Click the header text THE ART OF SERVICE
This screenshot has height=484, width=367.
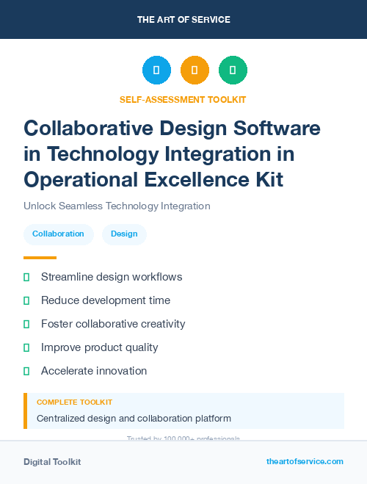point(183,20)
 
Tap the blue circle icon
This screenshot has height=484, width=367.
point(156,71)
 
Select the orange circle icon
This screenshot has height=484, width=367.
point(195,71)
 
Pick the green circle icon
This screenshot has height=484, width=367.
point(233,71)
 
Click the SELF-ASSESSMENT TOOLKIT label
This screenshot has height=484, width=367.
point(183,100)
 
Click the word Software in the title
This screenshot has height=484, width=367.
point(277,128)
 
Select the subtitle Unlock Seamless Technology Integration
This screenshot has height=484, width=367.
point(117,206)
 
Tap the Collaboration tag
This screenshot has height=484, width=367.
point(58,234)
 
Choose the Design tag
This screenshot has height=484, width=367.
point(124,234)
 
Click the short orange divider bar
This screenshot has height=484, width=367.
point(40,258)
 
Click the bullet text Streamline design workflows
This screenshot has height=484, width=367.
point(112,277)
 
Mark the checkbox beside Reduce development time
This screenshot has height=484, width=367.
point(26,300)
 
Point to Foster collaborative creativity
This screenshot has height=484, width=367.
point(113,324)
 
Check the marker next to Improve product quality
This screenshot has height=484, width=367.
point(26,347)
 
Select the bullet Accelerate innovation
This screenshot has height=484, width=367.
point(94,371)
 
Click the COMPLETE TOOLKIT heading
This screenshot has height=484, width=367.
point(74,402)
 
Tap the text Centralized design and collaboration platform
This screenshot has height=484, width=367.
point(134,419)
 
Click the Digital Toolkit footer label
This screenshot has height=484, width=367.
point(52,462)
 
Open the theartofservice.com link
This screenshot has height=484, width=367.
point(305,461)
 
